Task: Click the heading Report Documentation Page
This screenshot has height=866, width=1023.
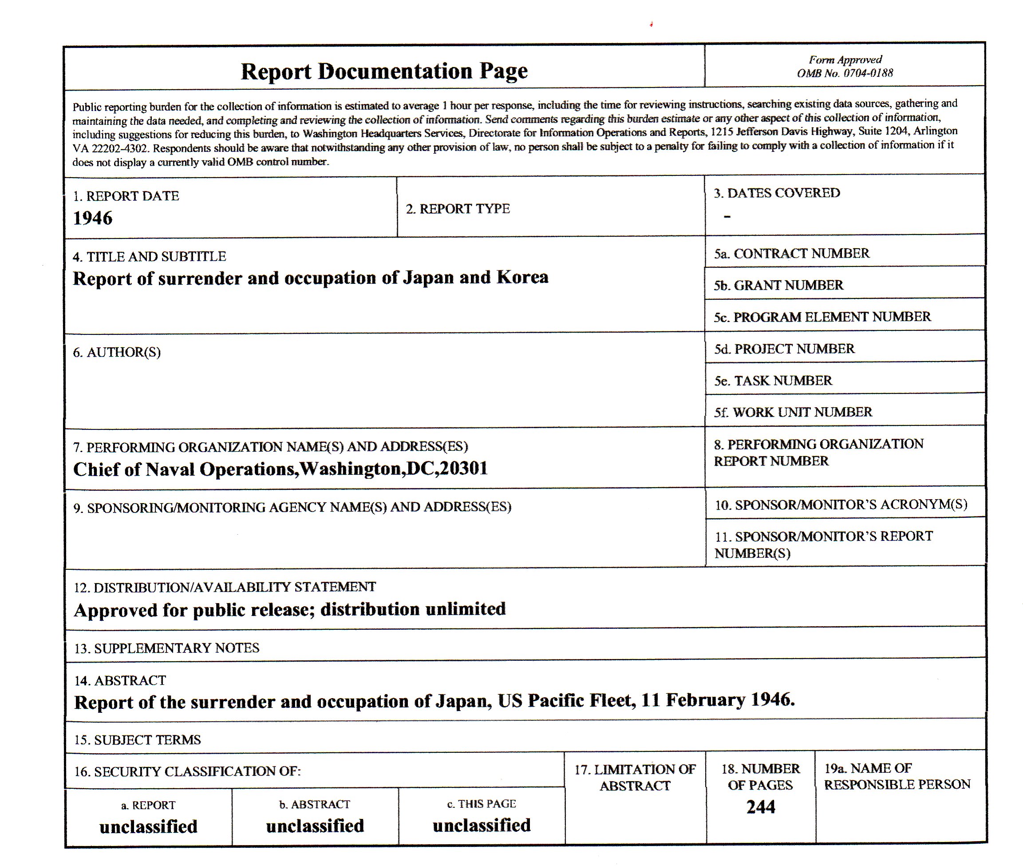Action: pyautogui.click(x=384, y=72)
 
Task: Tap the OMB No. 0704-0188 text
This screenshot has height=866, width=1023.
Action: pyautogui.click(x=845, y=73)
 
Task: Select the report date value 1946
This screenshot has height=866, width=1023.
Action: pyautogui.click(x=93, y=218)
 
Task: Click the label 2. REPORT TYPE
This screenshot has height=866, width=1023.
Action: pyautogui.click(x=457, y=209)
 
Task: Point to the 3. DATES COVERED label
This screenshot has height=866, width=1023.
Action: pyautogui.click(x=777, y=193)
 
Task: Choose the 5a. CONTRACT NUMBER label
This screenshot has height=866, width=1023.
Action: pyautogui.click(x=791, y=253)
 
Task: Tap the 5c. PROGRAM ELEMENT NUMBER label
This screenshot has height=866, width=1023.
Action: pyautogui.click(x=822, y=317)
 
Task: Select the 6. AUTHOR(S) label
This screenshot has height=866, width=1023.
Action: pyautogui.click(x=117, y=352)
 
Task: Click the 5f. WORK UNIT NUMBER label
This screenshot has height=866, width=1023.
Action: pyautogui.click(x=793, y=412)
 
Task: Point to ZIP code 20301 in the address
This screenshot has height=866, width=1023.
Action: pyautogui.click(x=464, y=469)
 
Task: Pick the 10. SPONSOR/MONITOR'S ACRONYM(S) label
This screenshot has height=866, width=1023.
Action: pyautogui.click(x=841, y=505)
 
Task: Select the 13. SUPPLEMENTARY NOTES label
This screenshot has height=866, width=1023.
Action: pyautogui.click(x=166, y=648)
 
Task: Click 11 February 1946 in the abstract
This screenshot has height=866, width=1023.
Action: pyautogui.click(x=717, y=699)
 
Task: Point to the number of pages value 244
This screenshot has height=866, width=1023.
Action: pyautogui.click(x=761, y=806)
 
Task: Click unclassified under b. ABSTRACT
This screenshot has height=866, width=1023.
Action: pyautogui.click(x=315, y=826)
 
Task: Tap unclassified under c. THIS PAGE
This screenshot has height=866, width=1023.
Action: pyautogui.click(x=482, y=825)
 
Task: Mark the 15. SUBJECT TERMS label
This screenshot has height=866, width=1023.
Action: pyautogui.click(x=138, y=740)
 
